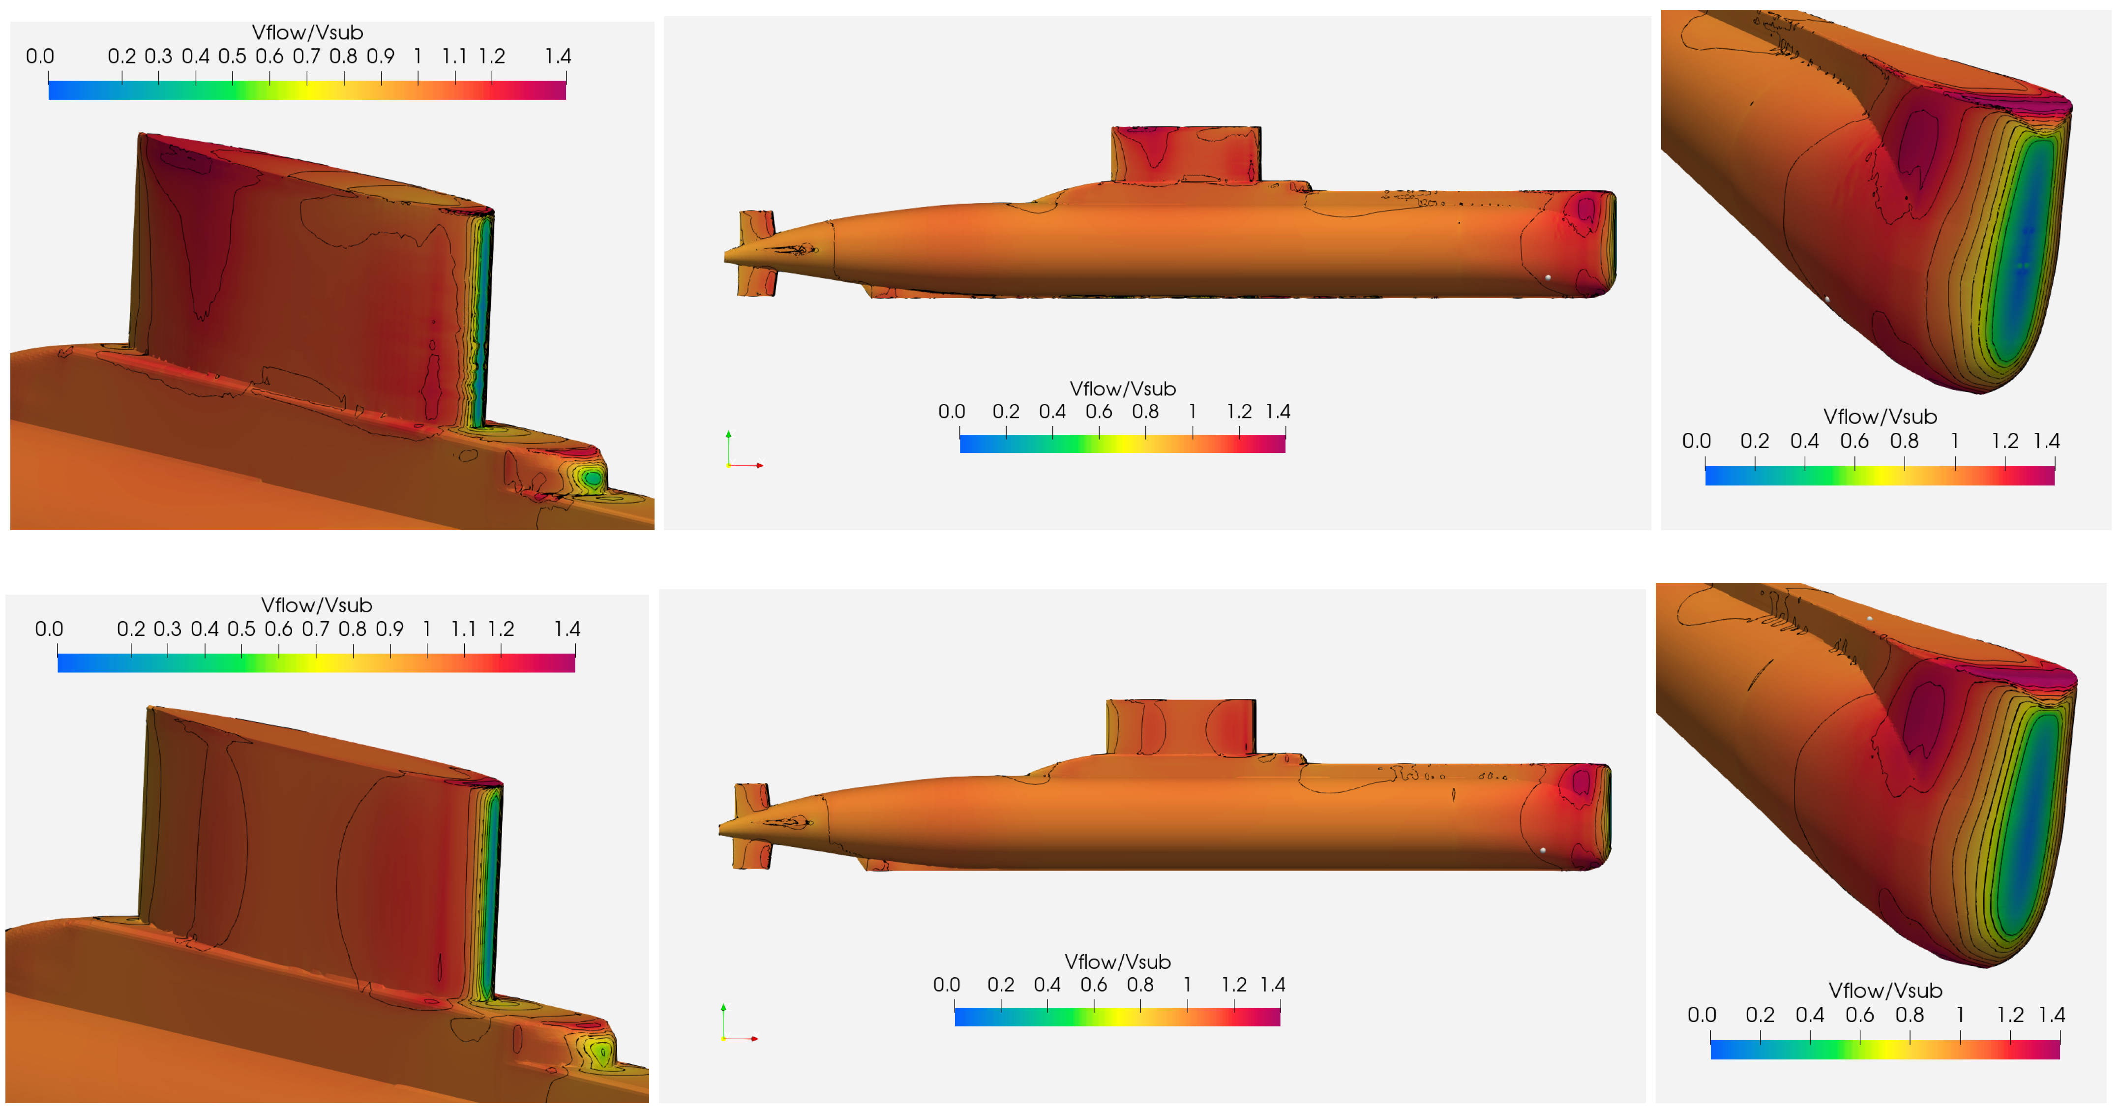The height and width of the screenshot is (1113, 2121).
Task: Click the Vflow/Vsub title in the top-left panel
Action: [307, 32]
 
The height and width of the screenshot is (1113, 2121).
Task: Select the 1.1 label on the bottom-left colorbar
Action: [464, 629]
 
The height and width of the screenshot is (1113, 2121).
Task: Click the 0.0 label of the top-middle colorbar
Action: [952, 412]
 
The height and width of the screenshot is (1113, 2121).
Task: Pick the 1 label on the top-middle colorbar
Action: [1192, 412]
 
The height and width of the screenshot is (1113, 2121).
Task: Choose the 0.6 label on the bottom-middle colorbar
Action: [1093, 985]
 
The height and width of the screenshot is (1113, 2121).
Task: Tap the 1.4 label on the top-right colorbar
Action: [2047, 441]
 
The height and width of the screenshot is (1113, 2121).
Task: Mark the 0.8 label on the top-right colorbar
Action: [1905, 441]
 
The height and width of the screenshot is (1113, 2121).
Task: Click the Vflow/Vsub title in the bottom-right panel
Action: [1885, 991]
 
